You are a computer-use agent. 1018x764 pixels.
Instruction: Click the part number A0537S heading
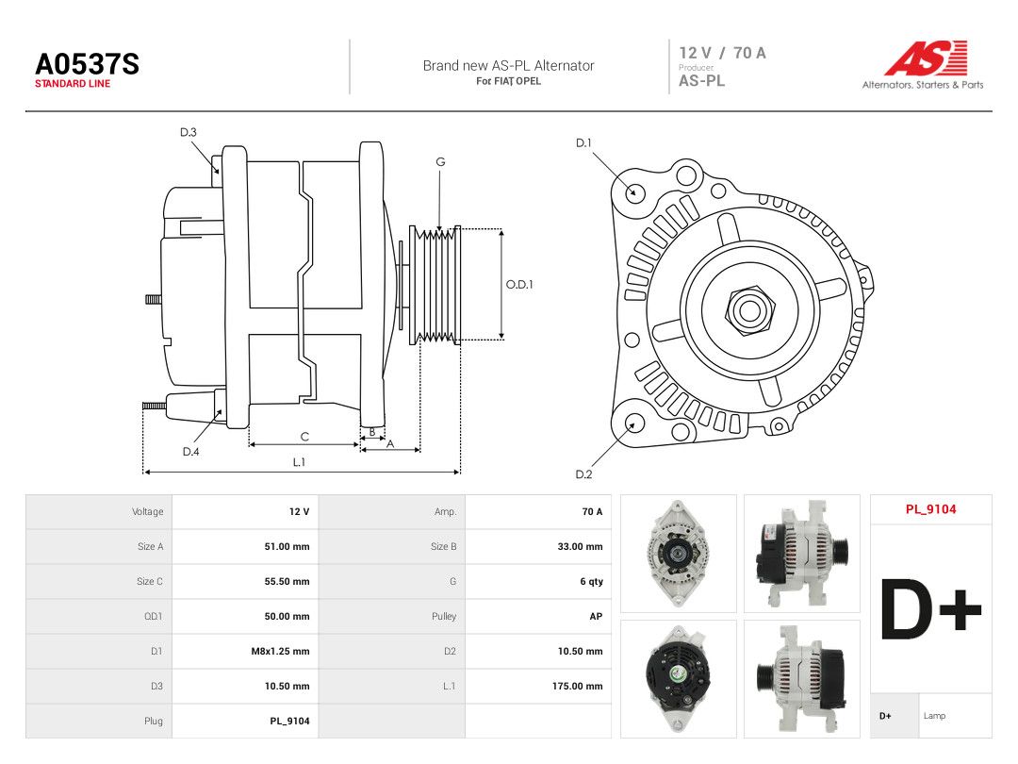[87, 64]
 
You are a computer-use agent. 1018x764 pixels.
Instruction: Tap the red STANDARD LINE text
[73, 84]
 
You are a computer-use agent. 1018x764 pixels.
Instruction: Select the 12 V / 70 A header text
[723, 53]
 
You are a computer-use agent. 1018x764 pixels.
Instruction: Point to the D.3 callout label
[189, 133]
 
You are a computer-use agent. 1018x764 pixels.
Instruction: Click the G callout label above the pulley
[440, 162]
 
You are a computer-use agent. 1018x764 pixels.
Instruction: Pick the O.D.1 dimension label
[519, 285]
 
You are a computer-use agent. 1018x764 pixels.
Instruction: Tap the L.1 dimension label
[299, 462]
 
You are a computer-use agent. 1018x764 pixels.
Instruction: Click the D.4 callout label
[190, 452]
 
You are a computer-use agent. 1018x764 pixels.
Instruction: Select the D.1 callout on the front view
[583, 143]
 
